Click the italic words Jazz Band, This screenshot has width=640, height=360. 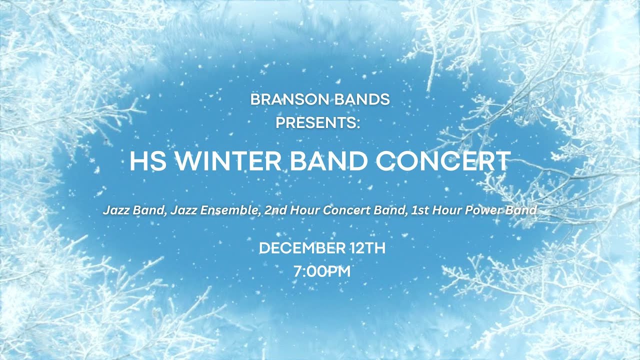tap(135, 210)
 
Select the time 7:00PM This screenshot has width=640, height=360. tap(322, 272)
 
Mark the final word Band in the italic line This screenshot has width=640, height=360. tap(521, 210)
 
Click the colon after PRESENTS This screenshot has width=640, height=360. tap(358, 123)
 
